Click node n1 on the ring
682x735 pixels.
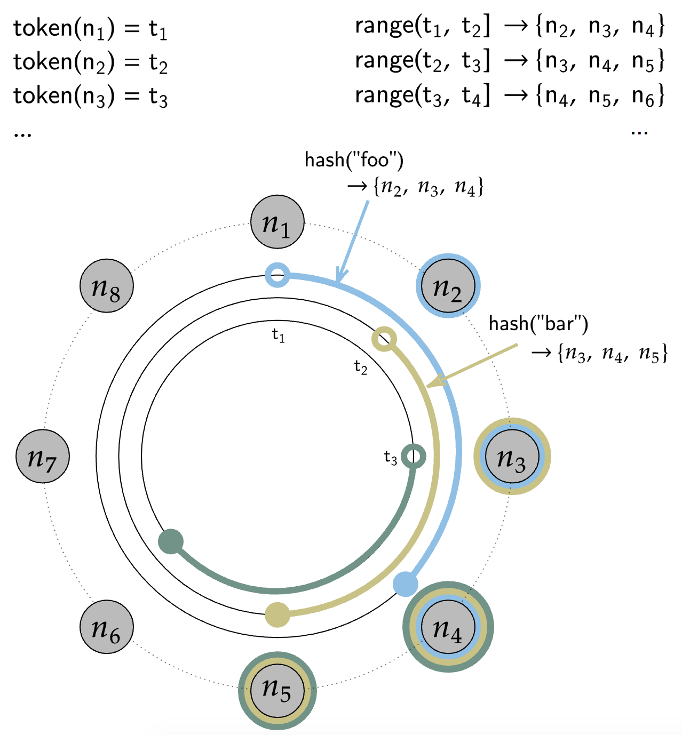[277, 222]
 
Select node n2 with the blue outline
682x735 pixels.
[448, 286]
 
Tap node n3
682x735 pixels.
[512, 456]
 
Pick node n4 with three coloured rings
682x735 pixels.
[448, 627]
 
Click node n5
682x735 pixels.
[277, 691]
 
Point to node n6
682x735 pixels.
[107, 627]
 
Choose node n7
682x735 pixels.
[43, 456]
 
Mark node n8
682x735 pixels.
[107, 286]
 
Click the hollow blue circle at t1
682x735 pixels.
[277, 275]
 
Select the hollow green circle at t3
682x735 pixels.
[414, 457]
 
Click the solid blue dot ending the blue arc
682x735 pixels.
[405, 584]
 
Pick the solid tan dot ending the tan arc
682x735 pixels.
[277, 615]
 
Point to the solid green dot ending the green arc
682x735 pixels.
[171, 542]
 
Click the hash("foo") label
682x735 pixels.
[354, 159]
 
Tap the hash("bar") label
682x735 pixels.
[538, 323]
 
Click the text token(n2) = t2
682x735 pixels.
[91, 63]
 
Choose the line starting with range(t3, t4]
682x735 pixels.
[510, 96]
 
